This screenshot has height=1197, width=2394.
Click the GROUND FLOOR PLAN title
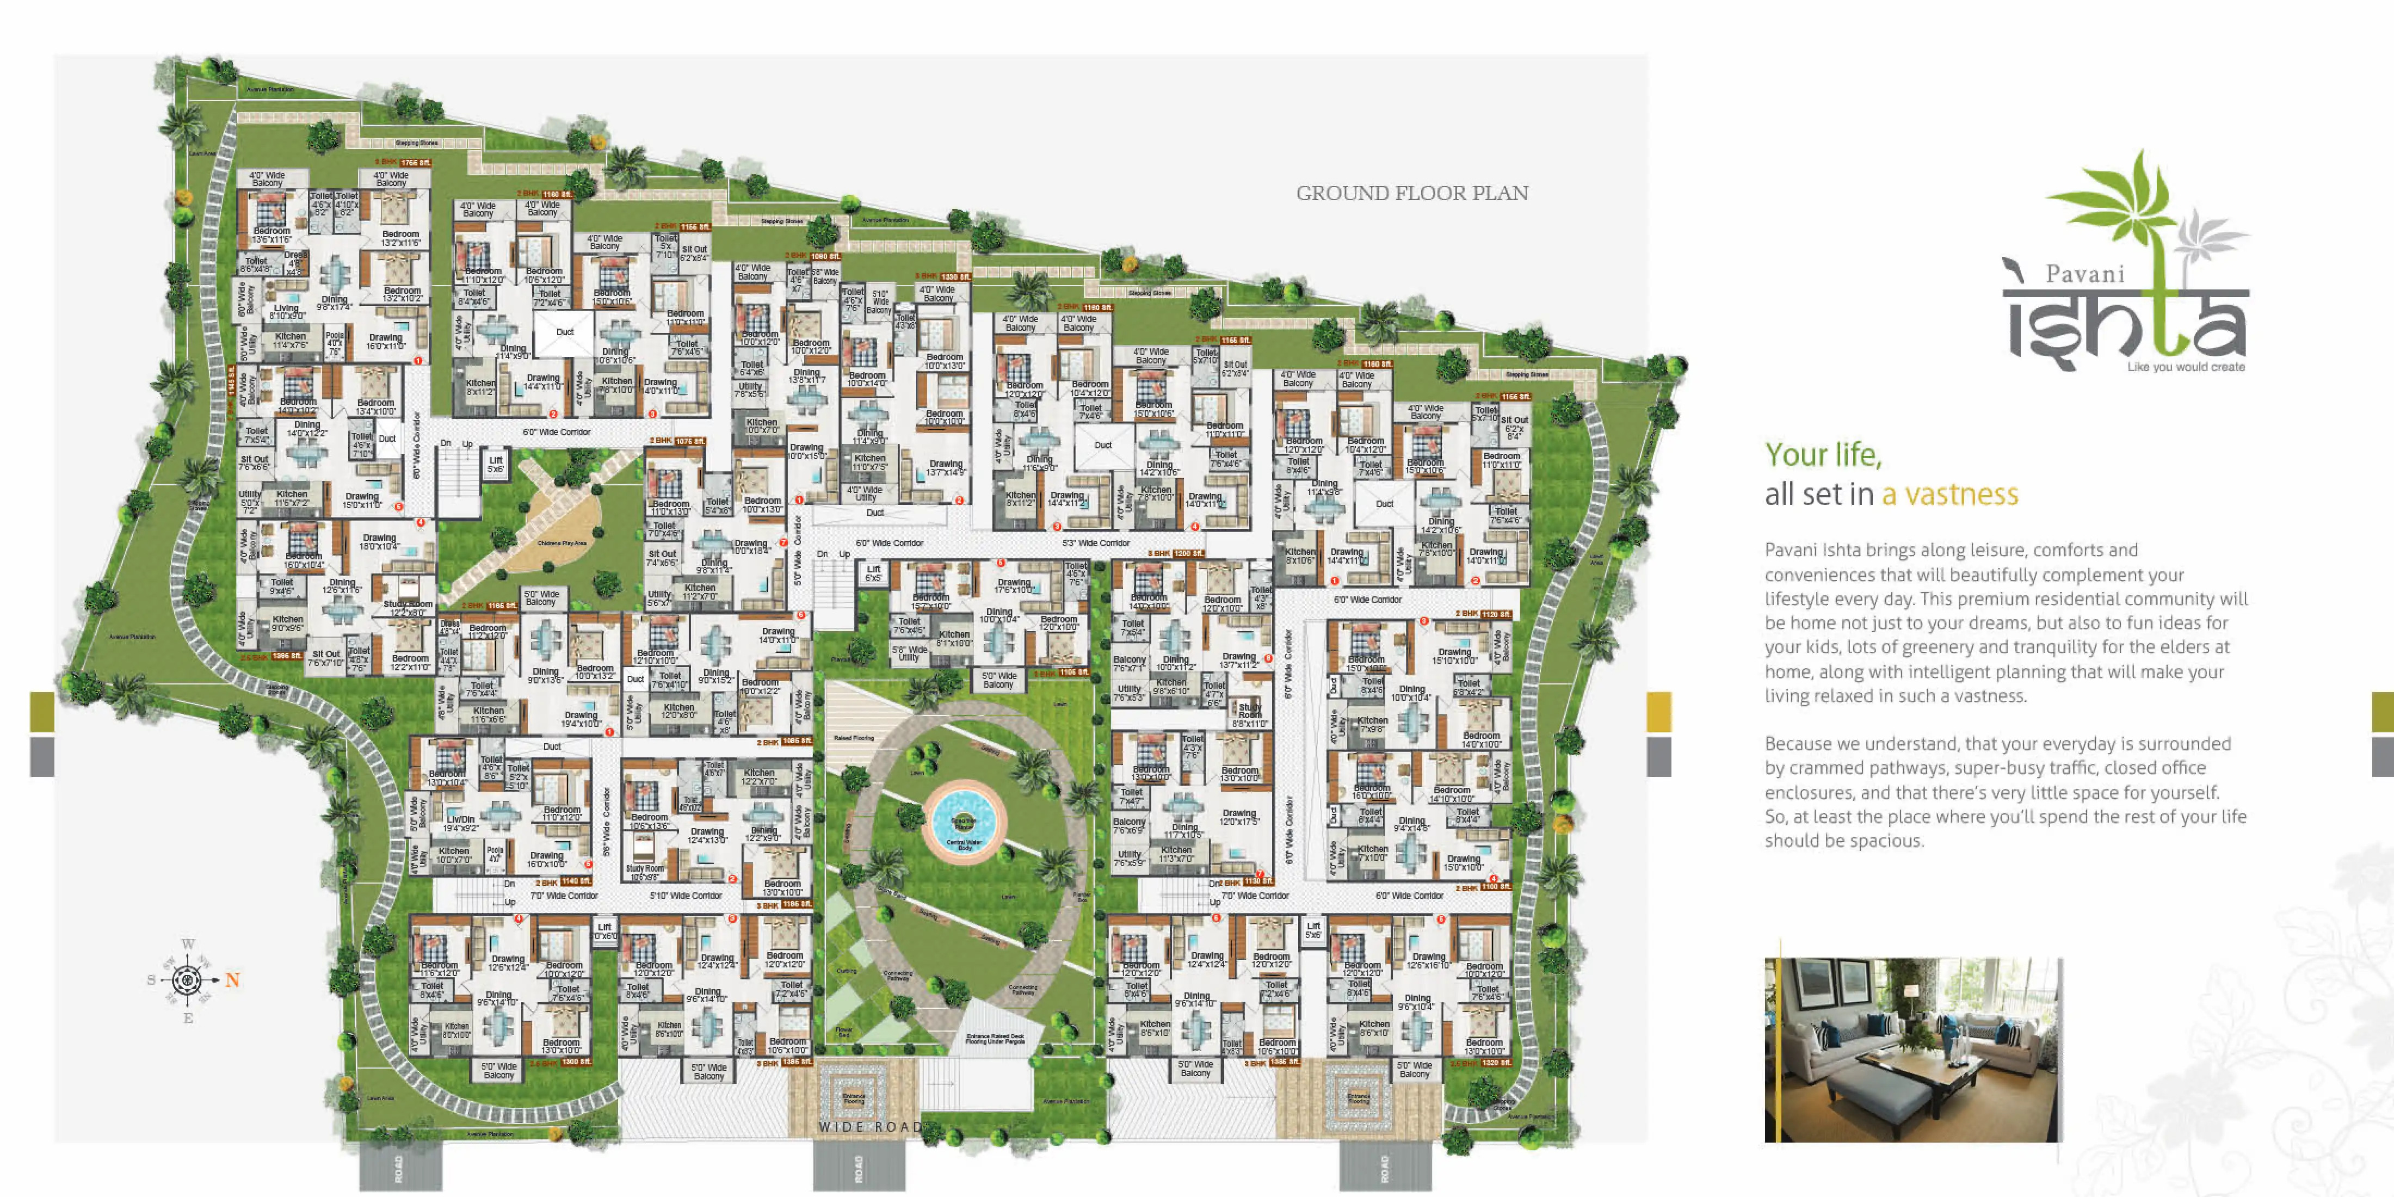tap(1412, 193)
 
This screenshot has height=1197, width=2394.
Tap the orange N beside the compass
tap(232, 979)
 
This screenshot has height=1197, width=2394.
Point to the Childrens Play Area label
tap(562, 543)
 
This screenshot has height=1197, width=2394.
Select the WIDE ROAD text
tap(871, 1126)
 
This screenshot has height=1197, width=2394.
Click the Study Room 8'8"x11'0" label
tap(1250, 715)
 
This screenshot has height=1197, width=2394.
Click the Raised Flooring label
tap(853, 738)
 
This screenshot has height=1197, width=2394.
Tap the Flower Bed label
tap(844, 1032)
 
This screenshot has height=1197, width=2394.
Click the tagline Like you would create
tap(2186, 367)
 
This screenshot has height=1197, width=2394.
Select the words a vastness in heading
tap(1950, 495)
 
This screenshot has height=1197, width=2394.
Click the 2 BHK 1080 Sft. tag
tap(812, 256)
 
